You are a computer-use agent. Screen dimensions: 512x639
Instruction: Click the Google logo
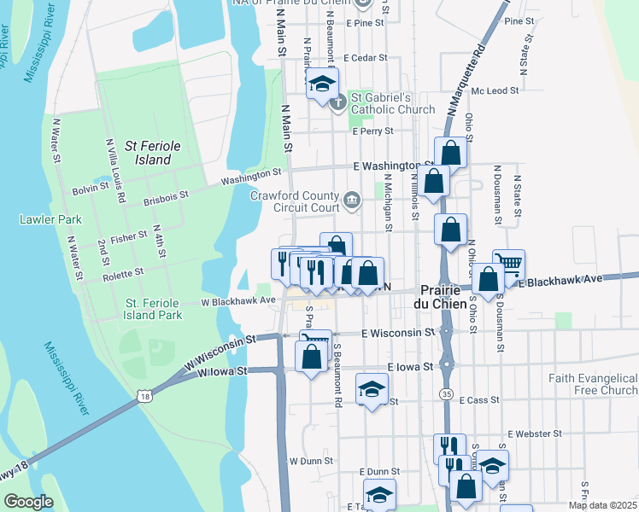28,502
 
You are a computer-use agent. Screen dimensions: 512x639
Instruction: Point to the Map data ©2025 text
602,505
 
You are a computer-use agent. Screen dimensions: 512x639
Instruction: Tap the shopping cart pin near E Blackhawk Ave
509,263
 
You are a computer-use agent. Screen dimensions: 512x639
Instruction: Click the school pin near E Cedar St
322,84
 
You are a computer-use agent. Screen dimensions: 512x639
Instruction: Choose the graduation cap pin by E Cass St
370,389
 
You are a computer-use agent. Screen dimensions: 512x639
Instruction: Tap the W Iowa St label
222,371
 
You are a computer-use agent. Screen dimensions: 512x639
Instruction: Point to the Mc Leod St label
495,90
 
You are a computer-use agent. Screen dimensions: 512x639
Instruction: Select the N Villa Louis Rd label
114,171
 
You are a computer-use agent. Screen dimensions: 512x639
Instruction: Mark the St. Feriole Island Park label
154,309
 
